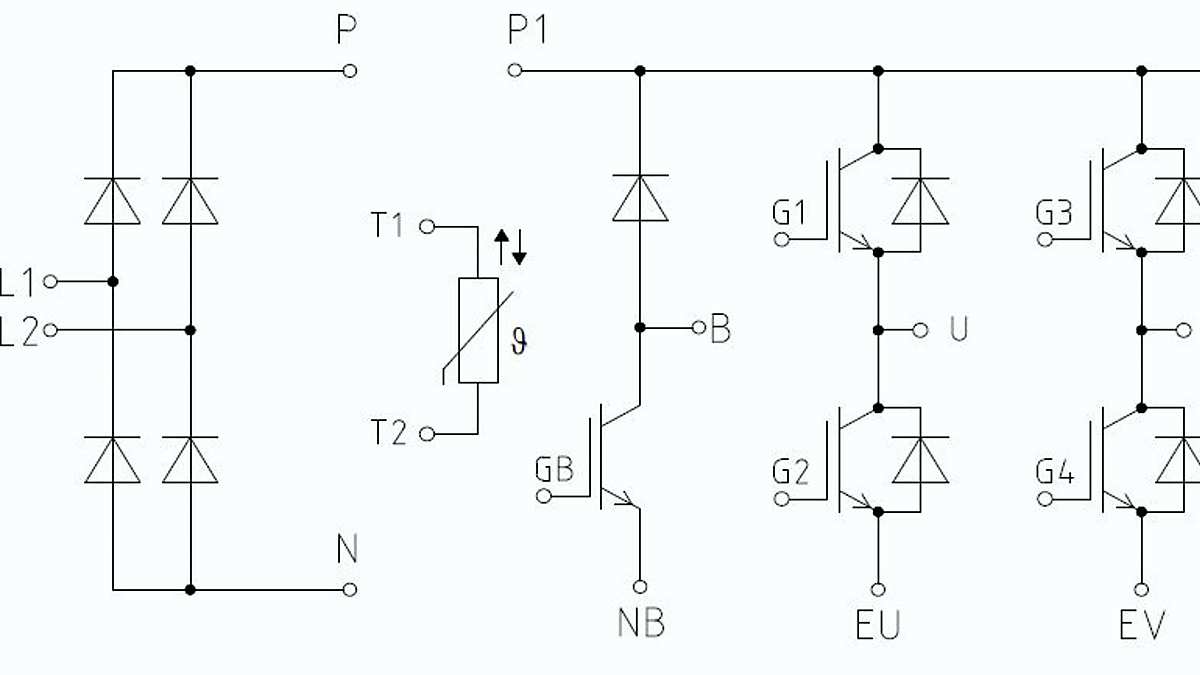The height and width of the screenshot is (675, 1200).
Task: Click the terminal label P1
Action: point(527,32)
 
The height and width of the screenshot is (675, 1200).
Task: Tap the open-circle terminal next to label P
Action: point(349,71)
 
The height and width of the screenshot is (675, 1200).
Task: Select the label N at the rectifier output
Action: point(347,550)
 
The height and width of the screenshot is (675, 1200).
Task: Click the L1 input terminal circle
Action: point(50,282)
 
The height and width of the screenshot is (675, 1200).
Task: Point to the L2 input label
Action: point(17,330)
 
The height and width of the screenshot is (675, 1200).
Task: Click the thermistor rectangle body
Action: point(478,331)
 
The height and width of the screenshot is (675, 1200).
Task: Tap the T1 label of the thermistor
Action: point(388,226)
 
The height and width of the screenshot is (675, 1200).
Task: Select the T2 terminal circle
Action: point(427,434)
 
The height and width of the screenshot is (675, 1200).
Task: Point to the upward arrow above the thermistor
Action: point(503,245)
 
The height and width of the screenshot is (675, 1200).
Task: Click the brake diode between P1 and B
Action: point(640,197)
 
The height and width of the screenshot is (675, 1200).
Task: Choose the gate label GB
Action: point(554,469)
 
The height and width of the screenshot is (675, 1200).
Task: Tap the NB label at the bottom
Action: point(640,623)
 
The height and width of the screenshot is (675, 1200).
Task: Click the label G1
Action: point(789,213)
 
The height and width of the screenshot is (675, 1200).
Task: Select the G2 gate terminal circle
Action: point(782,497)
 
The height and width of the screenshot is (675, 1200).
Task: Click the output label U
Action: point(958,330)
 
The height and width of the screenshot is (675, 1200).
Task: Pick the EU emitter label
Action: point(877,625)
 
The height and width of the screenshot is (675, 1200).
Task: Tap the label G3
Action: point(1054,213)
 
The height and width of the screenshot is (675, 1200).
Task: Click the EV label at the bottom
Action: point(1141,625)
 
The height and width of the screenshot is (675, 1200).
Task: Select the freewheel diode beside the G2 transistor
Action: point(919,460)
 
